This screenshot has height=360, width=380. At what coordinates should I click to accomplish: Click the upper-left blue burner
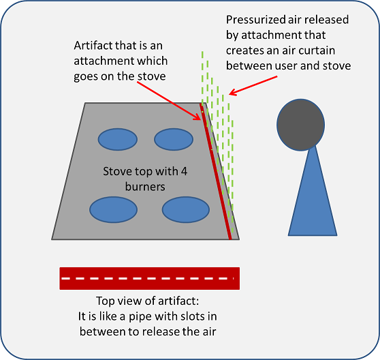point(118,140)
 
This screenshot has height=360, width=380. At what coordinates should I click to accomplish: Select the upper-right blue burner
point(174,140)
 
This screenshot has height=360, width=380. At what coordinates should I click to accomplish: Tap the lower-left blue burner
point(114,209)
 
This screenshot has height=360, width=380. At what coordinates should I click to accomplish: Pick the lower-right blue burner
point(186,209)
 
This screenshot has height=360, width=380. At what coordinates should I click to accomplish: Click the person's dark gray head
point(301,125)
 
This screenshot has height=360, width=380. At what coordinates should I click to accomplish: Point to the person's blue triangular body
point(313,194)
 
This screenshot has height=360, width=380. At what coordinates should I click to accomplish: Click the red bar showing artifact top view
point(150,278)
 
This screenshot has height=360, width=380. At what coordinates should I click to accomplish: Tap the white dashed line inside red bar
point(147,278)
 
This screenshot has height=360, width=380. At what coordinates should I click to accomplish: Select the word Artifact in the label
point(93,46)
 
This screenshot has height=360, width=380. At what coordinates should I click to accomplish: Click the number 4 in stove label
point(184,172)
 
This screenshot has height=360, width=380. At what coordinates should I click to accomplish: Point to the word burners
point(145,187)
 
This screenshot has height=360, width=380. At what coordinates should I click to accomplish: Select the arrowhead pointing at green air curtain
point(232,92)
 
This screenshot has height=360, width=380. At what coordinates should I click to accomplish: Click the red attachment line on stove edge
point(216,172)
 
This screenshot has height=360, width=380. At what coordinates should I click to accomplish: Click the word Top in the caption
point(105,301)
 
